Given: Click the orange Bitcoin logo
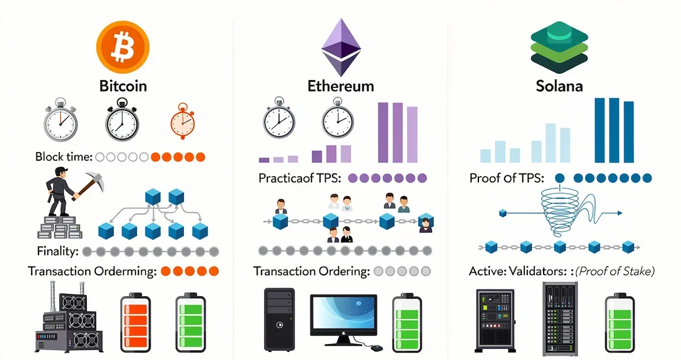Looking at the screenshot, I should [x=123, y=45].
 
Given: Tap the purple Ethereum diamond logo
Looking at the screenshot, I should [x=340, y=48].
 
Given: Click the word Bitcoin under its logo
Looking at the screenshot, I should [x=123, y=86].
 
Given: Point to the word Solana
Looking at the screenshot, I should [x=559, y=86].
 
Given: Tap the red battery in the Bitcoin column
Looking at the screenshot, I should [x=135, y=321].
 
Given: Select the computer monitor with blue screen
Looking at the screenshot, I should [x=343, y=316].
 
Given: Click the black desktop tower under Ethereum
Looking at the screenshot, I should [x=279, y=319].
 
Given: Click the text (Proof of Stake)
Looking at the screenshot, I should [x=615, y=271].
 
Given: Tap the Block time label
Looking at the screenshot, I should [x=64, y=157].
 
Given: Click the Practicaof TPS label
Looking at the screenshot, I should [x=300, y=178].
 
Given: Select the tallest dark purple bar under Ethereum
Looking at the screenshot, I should [x=383, y=132].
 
